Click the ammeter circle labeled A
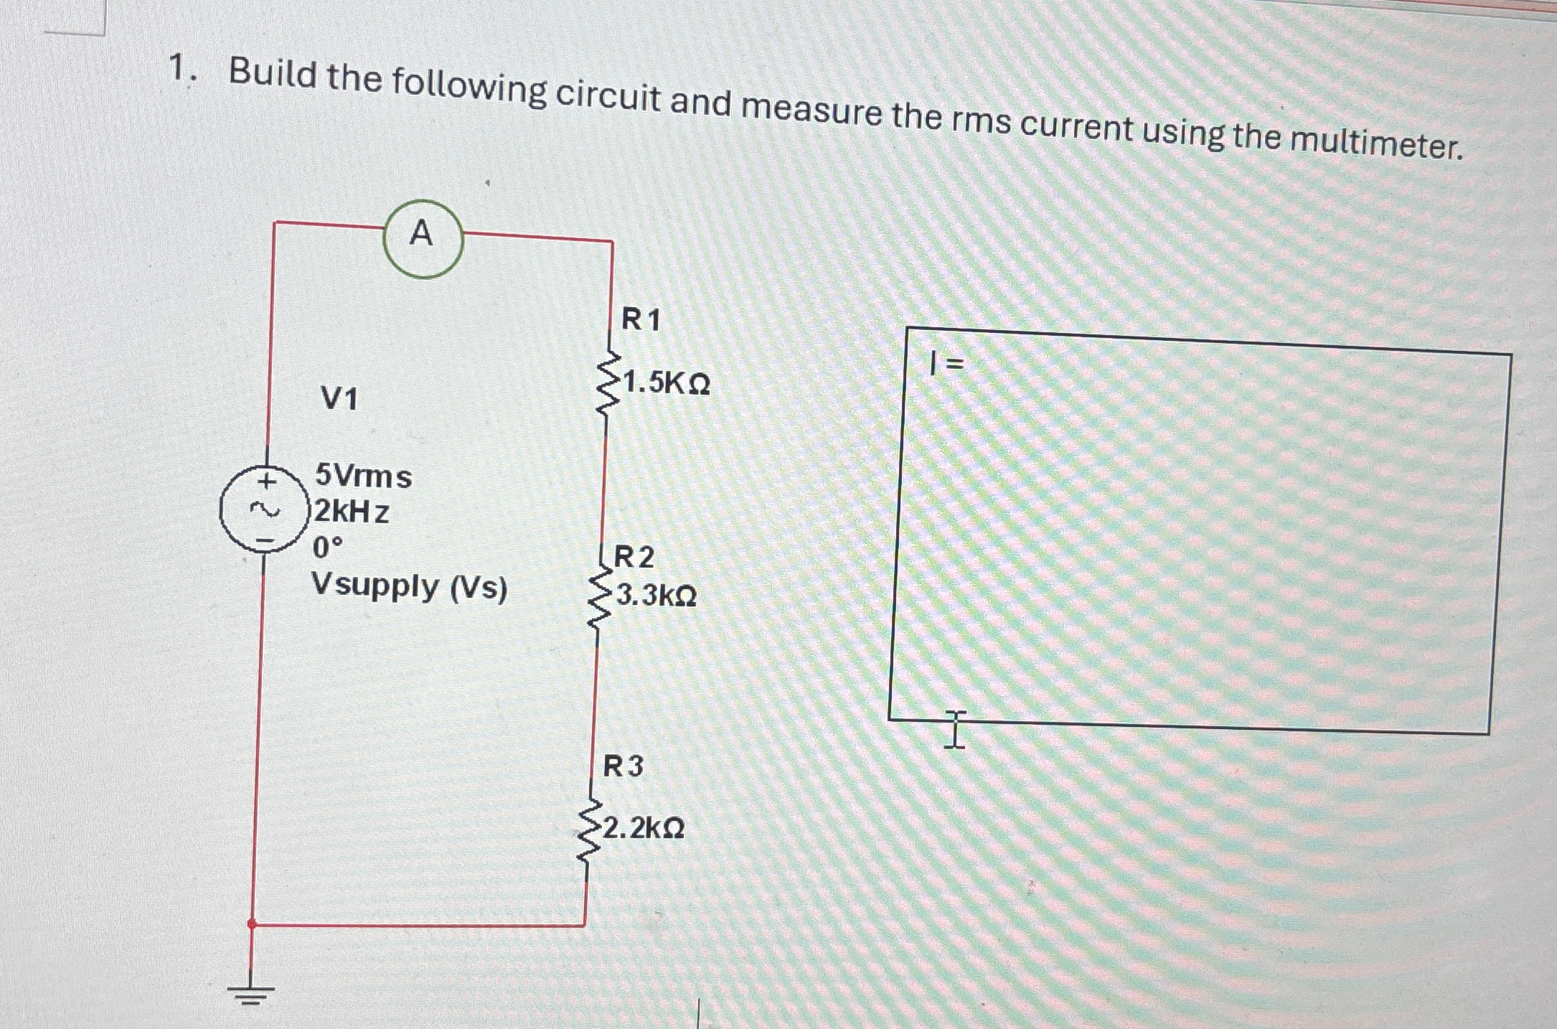coord(423,238)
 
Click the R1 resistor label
coord(641,319)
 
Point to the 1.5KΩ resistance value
coord(666,383)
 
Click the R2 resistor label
coord(634,557)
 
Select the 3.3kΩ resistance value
coord(656,596)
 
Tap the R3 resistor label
coord(623,766)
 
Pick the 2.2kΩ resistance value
coord(643,828)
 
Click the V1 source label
coord(339,398)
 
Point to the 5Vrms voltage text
coord(364,476)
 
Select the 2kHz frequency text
coord(352,512)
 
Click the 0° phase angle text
coord(328,548)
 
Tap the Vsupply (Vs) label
coord(409,587)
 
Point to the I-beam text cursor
coord(955,729)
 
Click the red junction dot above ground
coord(252,924)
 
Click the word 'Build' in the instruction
coord(273,75)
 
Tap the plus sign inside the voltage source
coord(267,479)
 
